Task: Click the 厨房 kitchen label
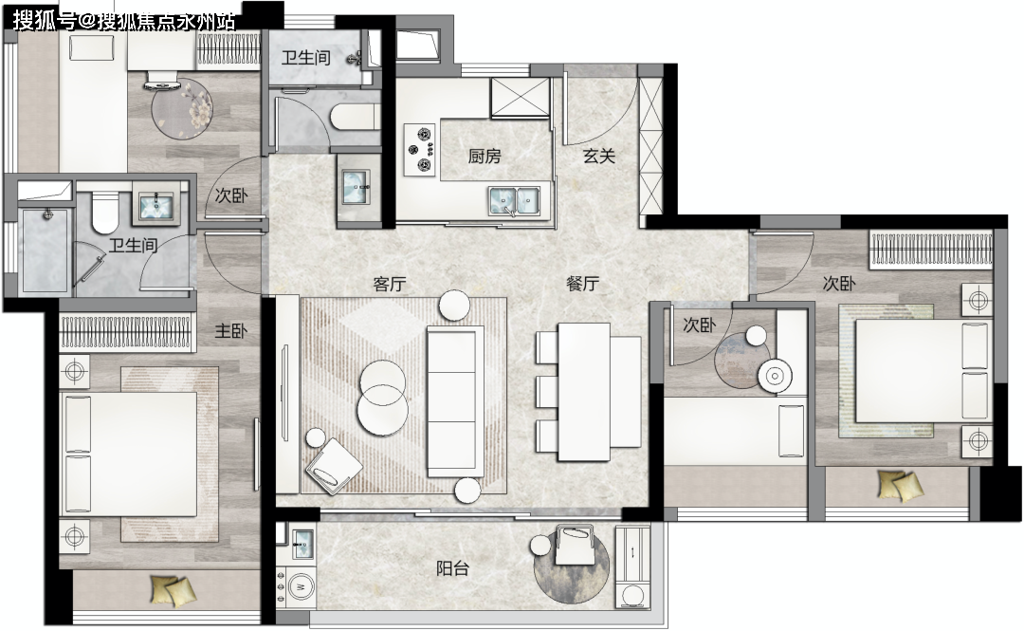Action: (484, 157)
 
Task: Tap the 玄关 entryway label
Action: (599, 157)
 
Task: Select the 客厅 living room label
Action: (390, 284)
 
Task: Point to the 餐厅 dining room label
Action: (582, 284)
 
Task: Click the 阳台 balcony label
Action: (452, 568)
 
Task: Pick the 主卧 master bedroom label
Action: (231, 331)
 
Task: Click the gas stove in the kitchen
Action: (420, 150)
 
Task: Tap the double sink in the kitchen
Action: (514, 201)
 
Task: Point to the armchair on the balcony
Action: (574, 544)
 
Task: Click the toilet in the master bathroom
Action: (103, 212)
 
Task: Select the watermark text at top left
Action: (124, 21)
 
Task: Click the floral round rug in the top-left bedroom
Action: (183, 107)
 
